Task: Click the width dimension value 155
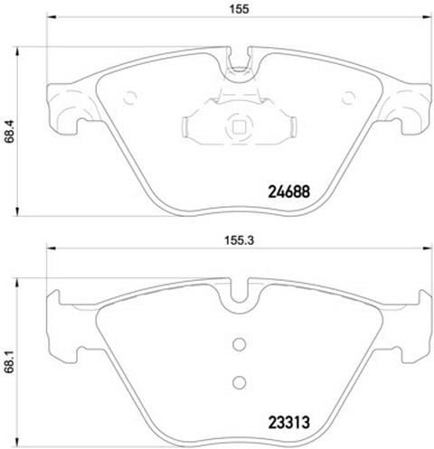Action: pyautogui.click(x=240, y=9)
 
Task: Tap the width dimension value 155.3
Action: pyautogui.click(x=240, y=240)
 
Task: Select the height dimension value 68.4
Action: pyautogui.click(x=10, y=132)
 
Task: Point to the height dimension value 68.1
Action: pyautogui.click(x=10, y=362)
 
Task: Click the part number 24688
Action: pyautogui.click(x=288, y=192)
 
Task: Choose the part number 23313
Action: pyautogui.click(x=288, y=423)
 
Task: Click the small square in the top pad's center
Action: pyautogui.click(x=239, y=126)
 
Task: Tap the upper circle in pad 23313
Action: pyautogui.click(x=240, y=344)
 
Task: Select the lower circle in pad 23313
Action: pyautogui.click(x=240, y=382)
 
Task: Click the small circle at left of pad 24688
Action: pyautogui.click(x=130, y=98)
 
